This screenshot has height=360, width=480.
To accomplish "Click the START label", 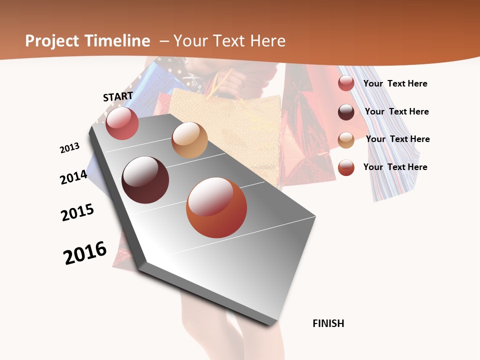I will pyautogui.click(x=118, y=96).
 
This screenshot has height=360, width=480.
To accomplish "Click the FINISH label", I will pyautogui.click(x=328, y=323).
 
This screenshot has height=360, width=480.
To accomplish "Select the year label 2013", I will pyautogui.click(x=69, y=148).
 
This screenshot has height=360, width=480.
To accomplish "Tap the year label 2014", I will pyautogui.click(x=73, y=177).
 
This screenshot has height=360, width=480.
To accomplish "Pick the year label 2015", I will pyautogui.click(x=77, y=212).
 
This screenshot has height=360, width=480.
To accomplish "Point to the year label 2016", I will pyautogui.click(x=85, y=253).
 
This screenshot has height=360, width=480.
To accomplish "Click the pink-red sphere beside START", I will pyautogui.click(x=122, y=123).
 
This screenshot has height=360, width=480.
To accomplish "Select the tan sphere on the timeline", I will pyautogui.click(x=189, y=140).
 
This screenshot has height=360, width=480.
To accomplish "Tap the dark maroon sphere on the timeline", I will pyautogui.click(x=145, y=180).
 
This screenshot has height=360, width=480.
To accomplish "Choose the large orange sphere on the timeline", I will pyautogui.click(x=216, y=207).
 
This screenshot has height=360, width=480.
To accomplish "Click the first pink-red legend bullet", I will pyautogui.click(x=346, y=83).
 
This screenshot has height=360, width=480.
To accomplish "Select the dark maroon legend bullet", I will pyautogui.click(x=346, y=112).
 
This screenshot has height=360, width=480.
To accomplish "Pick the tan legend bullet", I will pyautogui.click(x=346, y=140).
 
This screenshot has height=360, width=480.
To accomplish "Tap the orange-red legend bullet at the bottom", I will pyautogui.click(x=346, y=167).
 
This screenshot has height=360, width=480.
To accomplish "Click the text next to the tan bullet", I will pyautogui.click(x=398, y=139).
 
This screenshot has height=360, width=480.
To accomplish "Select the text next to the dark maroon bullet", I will pyautogui.click(x=397, y=111).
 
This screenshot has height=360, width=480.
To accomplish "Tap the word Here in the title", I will pyautogui.click(x=268, y=41).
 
